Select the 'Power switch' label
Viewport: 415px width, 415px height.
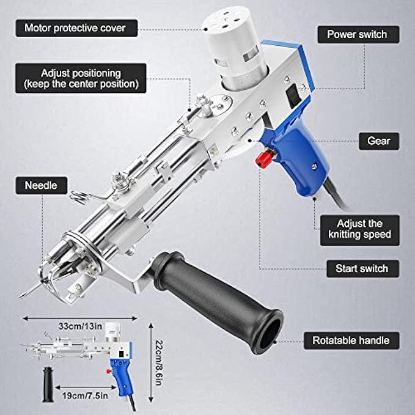coord(358,34)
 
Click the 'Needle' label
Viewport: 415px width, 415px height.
coord(40,185)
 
